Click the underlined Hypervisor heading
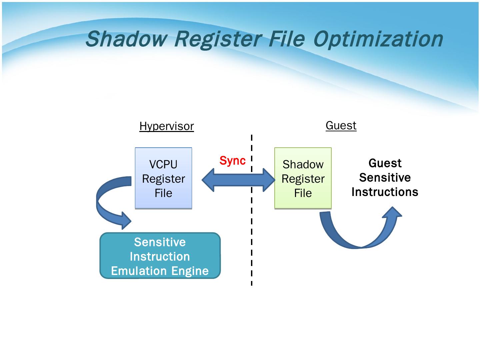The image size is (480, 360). (x=166, y=126)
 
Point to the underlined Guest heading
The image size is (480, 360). (x=341, y=126)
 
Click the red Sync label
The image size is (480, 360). (x=232, y=161)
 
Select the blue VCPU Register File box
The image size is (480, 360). (x=163, y=178)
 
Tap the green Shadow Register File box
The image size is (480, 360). (x=303, y=178)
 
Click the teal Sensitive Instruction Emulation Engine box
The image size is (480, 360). (x=160, y=256)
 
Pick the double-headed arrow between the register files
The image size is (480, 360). (x=238, y=180)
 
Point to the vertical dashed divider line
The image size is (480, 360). (x=251, y=233)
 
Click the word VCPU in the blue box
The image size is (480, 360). (x=163, y=164)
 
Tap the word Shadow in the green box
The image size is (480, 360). (x=303, y=164)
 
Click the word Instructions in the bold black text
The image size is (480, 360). (x=385, y=192)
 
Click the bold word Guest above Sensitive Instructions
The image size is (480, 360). (x=385, y=163)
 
